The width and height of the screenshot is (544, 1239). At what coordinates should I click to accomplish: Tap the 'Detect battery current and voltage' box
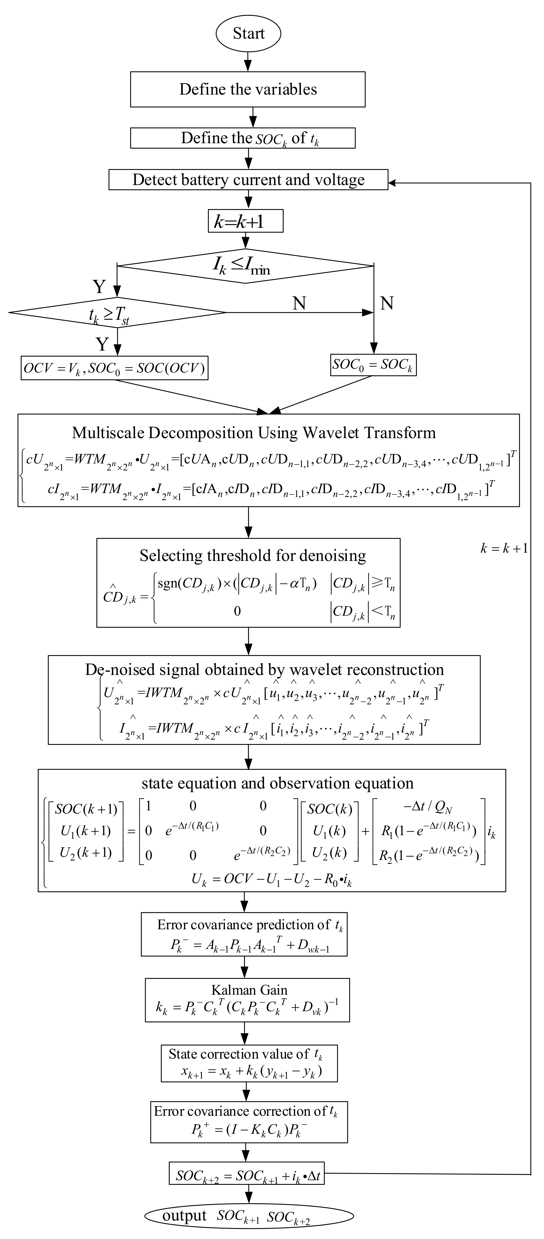[x=248, y=180]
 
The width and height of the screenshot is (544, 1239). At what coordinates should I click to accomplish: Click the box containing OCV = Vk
[x=114, y=368]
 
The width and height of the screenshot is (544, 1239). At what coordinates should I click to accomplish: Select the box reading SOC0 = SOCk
[x=373, y=365]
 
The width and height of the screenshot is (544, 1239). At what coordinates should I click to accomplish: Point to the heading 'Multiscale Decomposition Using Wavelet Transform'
[x=254, y=433]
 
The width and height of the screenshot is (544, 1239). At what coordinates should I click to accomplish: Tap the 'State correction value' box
[x=249, y=1063]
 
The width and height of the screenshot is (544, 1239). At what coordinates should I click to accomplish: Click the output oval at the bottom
[x=249, y=1216]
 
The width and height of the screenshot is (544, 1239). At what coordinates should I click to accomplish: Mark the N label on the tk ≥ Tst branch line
[x=299, y=303]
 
